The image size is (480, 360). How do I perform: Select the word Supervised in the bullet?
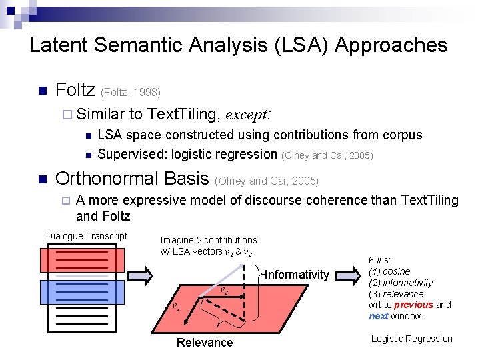click(131, 155)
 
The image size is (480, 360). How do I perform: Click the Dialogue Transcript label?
click(87, 236)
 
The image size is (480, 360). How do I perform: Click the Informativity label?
click(297, 275)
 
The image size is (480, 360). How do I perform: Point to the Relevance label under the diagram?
click(205, 343)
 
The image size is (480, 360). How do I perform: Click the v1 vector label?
click(175, 307)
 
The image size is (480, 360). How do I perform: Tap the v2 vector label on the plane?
click(224, 291)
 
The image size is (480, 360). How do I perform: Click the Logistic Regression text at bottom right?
click(411, 339)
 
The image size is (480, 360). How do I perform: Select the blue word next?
click(378, 316)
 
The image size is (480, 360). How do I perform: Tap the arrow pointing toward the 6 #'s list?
click(347, 275)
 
